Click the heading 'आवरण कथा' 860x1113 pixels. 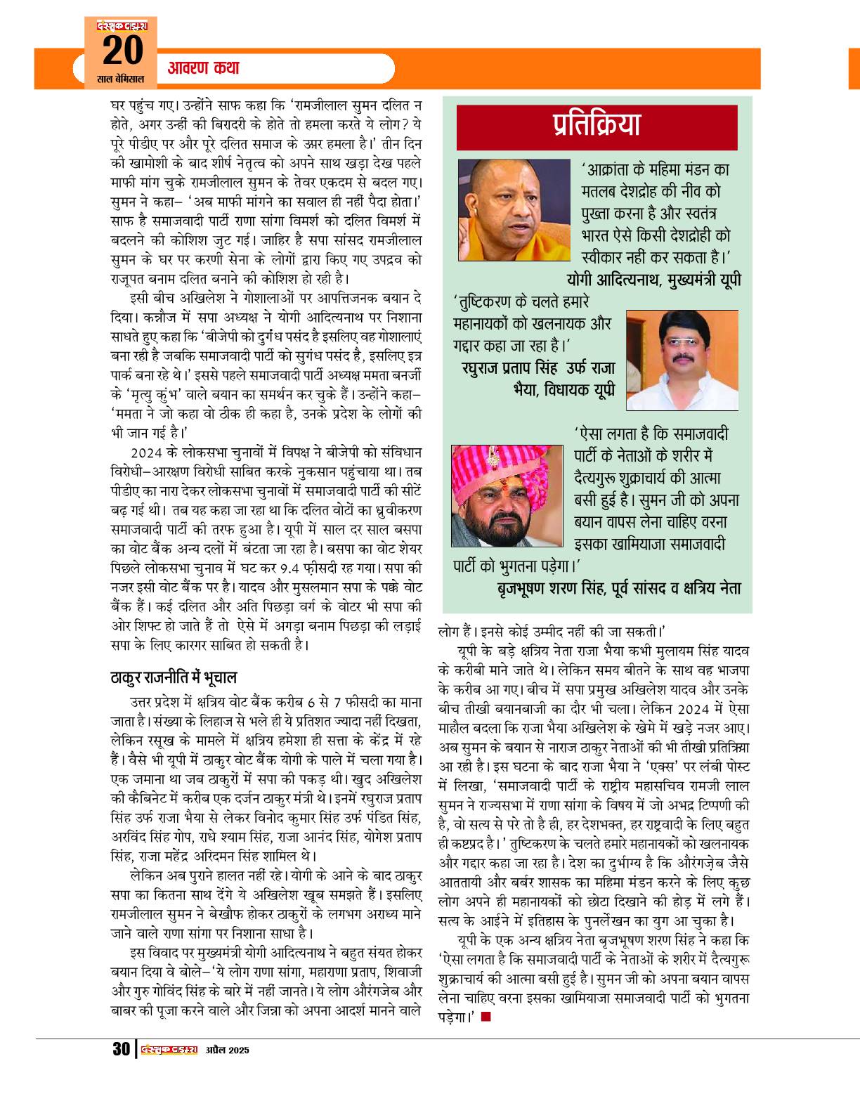(204, 69)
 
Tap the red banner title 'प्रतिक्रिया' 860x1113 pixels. (597, 126)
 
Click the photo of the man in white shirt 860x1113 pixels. (681, 359)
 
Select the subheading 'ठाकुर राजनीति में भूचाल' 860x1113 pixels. (174, 678)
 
